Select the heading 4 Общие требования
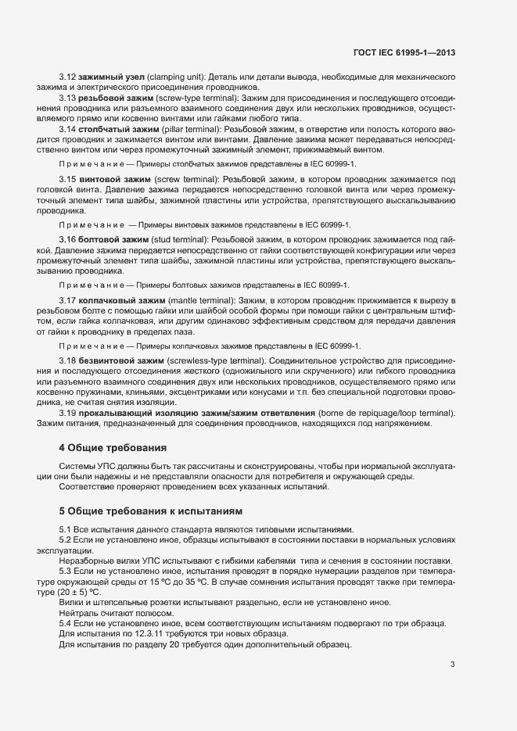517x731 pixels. [x=113, y=448]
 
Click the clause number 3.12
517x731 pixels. [x=68, y=77]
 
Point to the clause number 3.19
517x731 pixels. [x=68, y=411]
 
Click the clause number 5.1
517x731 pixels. [x=66, y=529]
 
